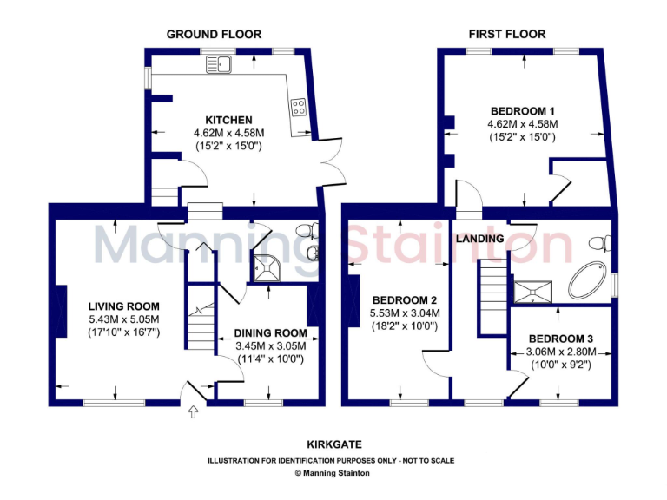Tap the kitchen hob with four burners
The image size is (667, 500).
pos(298,109)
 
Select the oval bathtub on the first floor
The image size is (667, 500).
pos(590,279)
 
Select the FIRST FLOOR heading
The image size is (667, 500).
pos(507,34)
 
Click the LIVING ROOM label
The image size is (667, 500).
pos(124,306)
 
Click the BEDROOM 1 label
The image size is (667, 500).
pos(523,111)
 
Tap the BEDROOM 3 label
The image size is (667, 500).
pos(561,339)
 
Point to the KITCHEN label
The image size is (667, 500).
pos(228,120)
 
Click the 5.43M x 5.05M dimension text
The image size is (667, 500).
pos(124,319)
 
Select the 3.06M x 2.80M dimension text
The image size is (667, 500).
pos(561,352)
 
